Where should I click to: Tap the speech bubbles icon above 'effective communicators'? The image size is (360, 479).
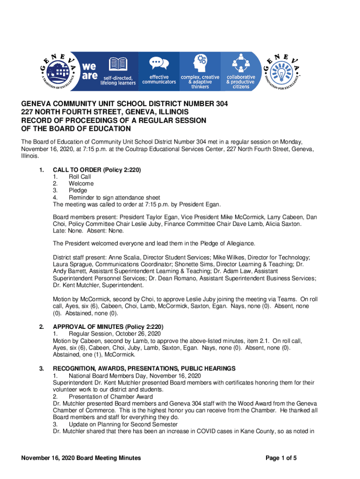pyautogui.click(x=159, y=63)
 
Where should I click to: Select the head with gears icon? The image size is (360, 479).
pyautogui.click(x=200, y=62)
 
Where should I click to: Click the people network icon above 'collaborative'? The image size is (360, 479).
pyautogui.click(x=241, y=62)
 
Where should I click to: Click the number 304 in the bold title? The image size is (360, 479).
pyautogui.click(x=220, y=104)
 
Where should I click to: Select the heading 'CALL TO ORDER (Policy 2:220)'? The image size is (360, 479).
pyautogui.click(x=97, y=169)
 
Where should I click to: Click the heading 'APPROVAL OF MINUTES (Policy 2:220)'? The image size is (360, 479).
pyautogui.click(x=108, y=326)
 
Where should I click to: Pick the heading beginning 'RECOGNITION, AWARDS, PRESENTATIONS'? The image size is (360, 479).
pyautogui.click(x=144, y=369)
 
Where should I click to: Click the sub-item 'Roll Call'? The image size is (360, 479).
pyautogui.click(x=79, y=176)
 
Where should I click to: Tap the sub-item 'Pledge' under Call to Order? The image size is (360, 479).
pyautogui.click(x=78, y=190)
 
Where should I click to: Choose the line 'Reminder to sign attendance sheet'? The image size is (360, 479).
pyautogui.click(x=114, y=197)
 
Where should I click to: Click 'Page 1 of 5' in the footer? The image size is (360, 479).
pyautogui.click(x=281, y=458)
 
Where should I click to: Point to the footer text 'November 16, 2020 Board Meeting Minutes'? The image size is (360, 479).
pyautogui.click(x=81, y=458)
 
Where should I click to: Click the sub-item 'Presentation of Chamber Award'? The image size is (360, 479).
pyautogui.click(x=110, y=397)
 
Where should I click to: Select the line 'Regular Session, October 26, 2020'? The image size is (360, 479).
pyautogui.click(x=115, y=334)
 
